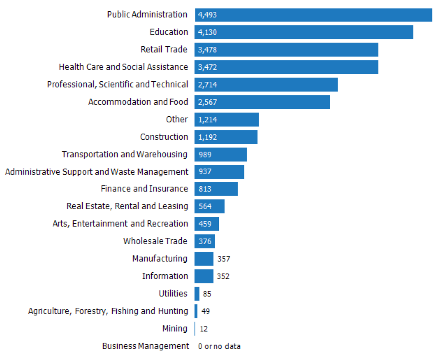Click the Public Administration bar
point(313,15)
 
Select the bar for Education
point(304,32)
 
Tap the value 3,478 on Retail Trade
point(208,50)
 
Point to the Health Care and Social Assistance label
point(123,67)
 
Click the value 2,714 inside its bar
point(208,85)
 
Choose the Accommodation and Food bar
point(262,102)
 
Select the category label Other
point(177,120)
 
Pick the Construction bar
point(226,137)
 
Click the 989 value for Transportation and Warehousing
point(205,155)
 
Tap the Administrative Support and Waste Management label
point(96,172)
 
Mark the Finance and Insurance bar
point(216,189)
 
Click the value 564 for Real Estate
point(205,206)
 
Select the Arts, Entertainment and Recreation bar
point(207,224)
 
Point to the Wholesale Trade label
point(155,241)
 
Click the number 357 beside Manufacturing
point(223,259)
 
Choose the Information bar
point(204,276)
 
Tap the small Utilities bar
point(197,294)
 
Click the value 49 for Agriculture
point(205,311)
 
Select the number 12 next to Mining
point(204,329)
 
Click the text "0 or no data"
point(219,346)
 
